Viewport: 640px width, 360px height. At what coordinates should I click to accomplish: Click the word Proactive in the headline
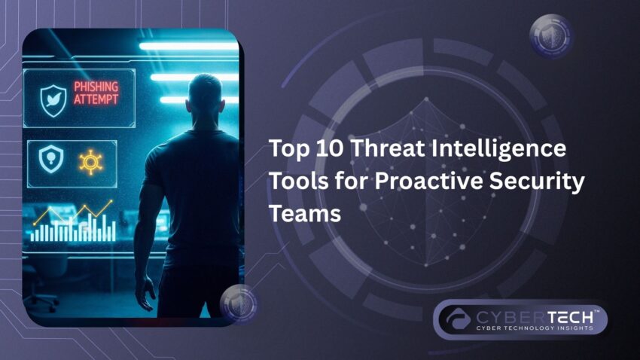[425, 181]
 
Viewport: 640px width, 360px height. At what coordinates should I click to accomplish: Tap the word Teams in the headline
[305, 212]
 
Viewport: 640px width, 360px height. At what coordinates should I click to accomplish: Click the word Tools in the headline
[299, 181]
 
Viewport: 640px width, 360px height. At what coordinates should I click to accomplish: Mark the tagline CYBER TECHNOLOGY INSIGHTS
[535, 328]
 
